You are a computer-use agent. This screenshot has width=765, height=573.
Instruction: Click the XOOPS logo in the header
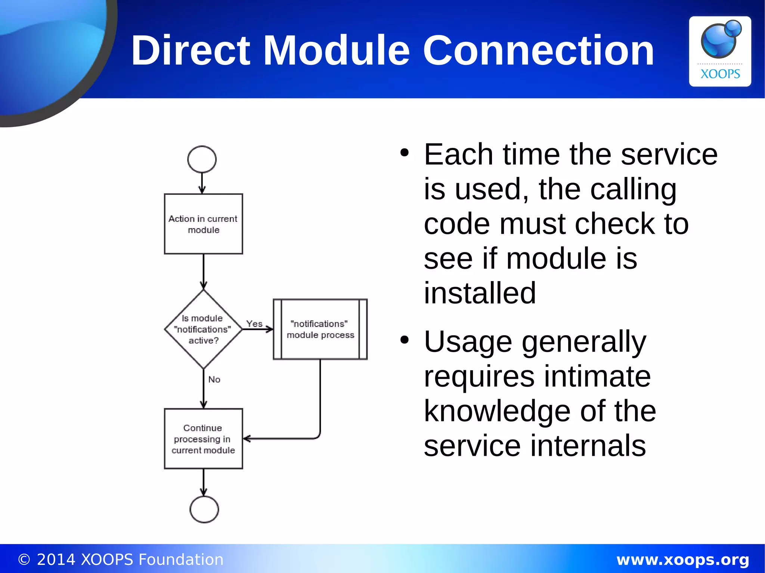(x=720, y=52)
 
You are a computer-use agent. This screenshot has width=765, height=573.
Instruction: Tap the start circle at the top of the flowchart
(x=202, y=159)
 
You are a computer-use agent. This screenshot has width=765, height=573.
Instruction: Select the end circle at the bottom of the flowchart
(x=204, y=509)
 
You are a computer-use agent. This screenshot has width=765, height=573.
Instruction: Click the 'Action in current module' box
(x=204, y=224)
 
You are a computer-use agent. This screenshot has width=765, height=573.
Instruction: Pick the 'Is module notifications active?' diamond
(x=203, y=329)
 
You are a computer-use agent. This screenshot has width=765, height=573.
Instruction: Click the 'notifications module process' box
(x=320, y=329)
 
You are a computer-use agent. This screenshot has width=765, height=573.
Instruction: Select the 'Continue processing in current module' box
(x=204, y=439)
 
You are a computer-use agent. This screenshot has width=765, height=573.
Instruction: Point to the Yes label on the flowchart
(x=254, y=324)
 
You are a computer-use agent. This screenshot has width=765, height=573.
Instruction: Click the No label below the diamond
(x=214, y=380)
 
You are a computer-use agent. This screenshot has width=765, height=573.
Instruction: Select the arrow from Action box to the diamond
(x=204, y=272)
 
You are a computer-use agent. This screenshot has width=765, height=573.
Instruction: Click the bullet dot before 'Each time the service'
(x=404, y=153)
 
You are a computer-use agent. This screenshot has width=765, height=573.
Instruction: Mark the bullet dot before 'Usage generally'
(x=404, y=340)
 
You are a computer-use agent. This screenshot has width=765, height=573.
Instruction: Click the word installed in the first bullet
(x=480, y=293)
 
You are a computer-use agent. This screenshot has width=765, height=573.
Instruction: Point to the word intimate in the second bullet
(x=597, y=376)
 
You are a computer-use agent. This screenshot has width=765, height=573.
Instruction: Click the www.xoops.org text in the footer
(x=682, y=560)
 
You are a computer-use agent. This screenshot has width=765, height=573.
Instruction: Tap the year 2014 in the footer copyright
(x=56, y=560)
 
